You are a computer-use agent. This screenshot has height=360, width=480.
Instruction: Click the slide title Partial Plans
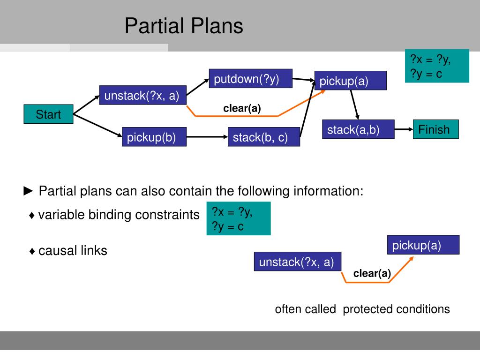[x=184, y=26]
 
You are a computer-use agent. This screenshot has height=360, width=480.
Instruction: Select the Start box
[x=48, y=114]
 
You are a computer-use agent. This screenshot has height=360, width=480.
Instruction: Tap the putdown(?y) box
[x=250, y=79]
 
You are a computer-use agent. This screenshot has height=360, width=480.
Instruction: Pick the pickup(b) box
[x=154, y=137]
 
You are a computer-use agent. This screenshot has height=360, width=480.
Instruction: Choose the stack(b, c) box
[x=264, y=137]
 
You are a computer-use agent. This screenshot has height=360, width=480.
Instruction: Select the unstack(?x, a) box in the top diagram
[x=142, y=95]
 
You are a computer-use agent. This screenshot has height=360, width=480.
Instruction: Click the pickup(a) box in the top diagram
[x=350, y=81]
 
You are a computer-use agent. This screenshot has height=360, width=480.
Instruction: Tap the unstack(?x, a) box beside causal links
[x=297, y=262]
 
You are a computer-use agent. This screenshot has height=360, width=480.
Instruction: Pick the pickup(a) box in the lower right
[x=423, y=245]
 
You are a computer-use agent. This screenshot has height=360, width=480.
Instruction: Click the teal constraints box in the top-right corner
[x=437, y=66]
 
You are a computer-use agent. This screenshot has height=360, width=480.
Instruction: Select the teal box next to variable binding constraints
[x=239, y=218]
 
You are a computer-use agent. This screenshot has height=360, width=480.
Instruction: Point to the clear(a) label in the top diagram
[x=242, y=108]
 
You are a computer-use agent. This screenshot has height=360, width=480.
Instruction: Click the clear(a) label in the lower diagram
[x=372, y=273]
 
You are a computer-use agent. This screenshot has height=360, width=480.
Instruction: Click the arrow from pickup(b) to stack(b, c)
[x=207, y=137]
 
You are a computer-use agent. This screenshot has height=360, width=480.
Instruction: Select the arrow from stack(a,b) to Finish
[x=403, y=128]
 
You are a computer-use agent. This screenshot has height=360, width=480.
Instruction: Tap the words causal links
[x=73, y=251]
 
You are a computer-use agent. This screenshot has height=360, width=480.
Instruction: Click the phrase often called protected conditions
[x=362, y=309]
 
